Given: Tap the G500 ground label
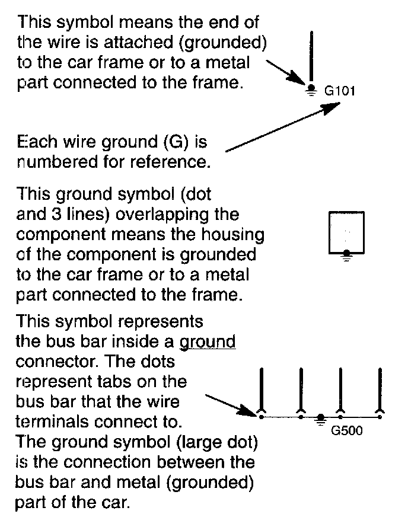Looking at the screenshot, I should (347, 431).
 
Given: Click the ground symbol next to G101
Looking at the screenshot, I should (310, 90).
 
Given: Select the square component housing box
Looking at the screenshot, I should (347, 233).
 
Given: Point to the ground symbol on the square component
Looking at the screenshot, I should (347, 254).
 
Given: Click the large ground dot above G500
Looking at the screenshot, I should (320, 417).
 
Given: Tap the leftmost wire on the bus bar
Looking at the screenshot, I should (262, 391).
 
